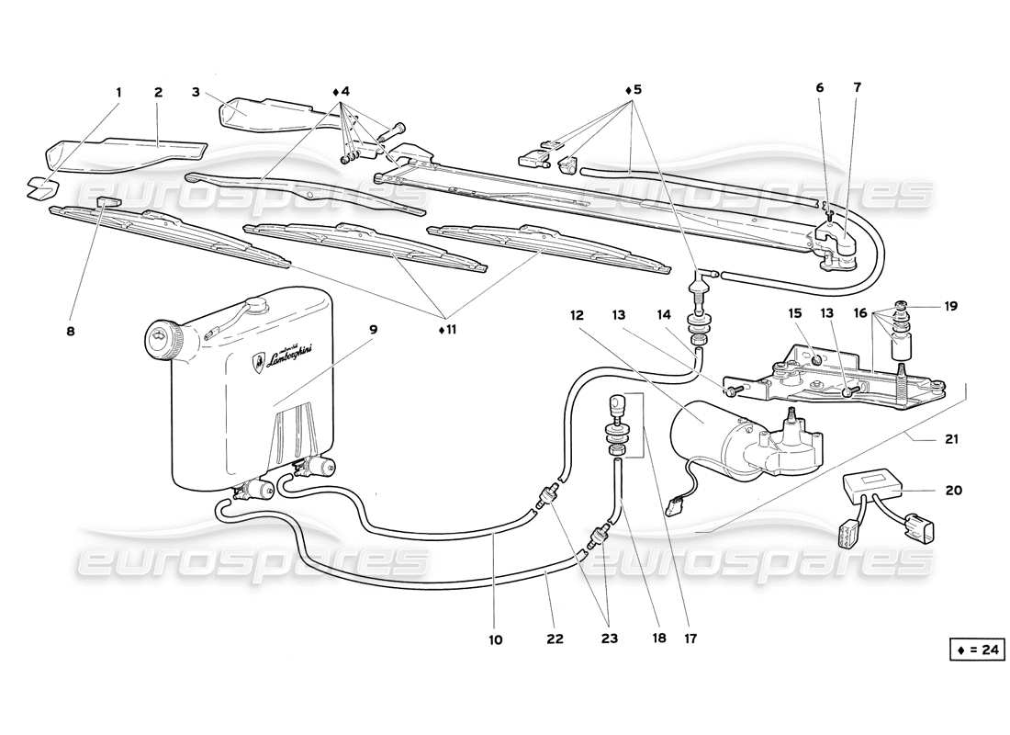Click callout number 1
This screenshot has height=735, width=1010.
(118, 92)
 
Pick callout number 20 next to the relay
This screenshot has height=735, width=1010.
(953, 490)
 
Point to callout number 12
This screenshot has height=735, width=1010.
(577, 315)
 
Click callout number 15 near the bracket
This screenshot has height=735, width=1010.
(795, 315)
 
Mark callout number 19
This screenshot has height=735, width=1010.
(951, 306)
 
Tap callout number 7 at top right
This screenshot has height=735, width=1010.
(857, 89)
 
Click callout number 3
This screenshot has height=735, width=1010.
(196, 92)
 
